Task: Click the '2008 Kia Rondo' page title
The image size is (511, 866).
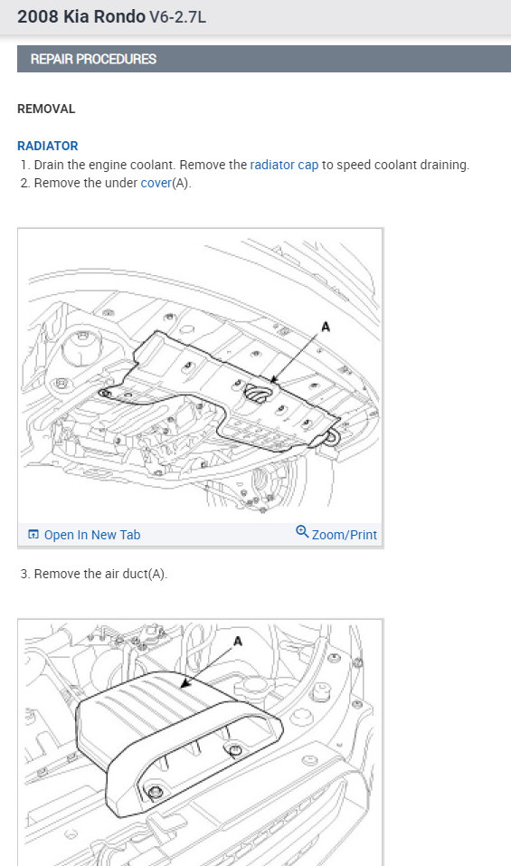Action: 81,16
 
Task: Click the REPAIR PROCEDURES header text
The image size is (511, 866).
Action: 93,59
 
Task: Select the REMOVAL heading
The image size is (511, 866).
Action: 46,109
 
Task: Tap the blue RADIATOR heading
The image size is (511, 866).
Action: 47,146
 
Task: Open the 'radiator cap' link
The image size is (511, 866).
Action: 284,165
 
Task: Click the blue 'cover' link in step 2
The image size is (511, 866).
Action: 156,183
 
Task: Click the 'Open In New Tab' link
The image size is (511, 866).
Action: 92,535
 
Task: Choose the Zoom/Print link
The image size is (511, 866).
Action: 345,535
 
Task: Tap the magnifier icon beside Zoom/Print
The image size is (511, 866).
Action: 302,531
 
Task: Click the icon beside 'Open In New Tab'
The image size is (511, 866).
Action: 33,535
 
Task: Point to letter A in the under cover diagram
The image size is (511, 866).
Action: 326,327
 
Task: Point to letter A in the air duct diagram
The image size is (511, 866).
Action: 238,642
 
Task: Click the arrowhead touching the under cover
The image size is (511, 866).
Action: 274,379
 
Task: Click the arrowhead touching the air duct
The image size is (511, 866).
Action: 185,684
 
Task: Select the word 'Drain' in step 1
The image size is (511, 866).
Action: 49,165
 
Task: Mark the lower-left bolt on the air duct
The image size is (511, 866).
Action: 156,793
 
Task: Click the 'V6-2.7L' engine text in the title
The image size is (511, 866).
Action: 177,17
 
